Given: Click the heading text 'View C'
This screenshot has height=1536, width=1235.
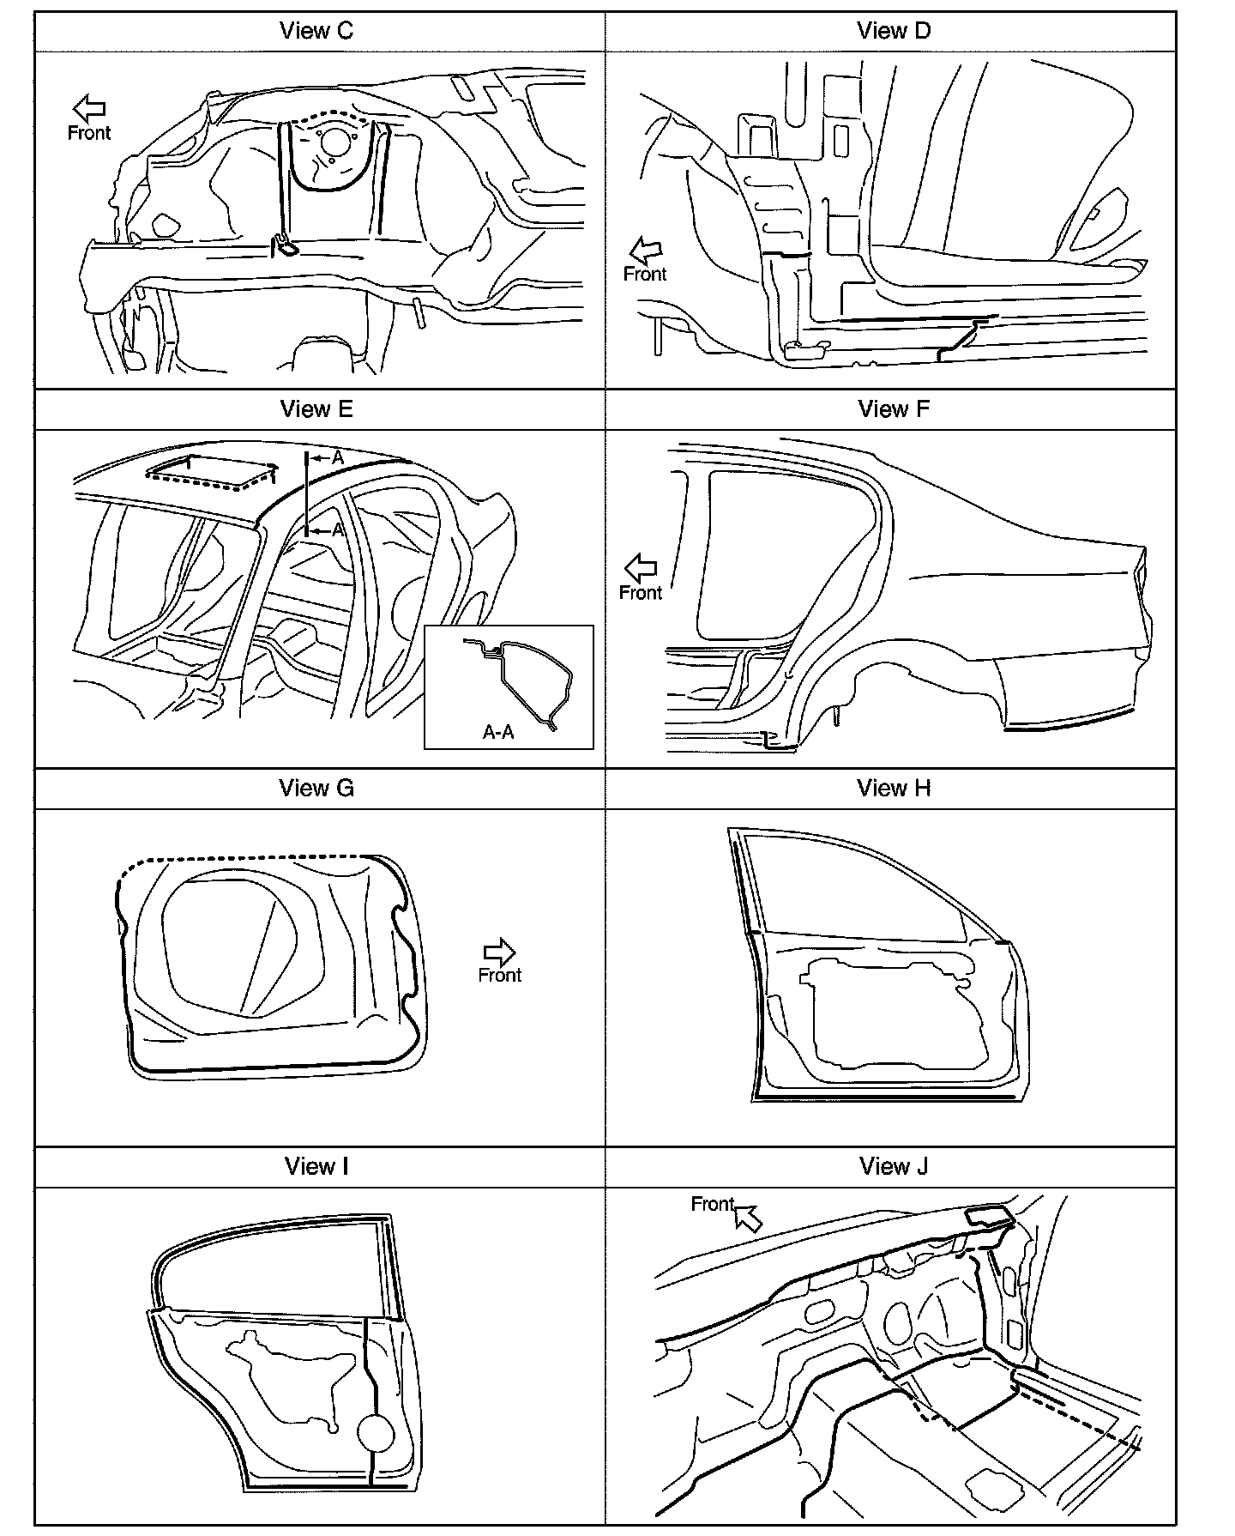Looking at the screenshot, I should [316, 32].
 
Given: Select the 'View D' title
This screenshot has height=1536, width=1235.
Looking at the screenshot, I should [894, 32].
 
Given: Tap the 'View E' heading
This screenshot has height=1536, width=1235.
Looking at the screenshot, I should [316, 409].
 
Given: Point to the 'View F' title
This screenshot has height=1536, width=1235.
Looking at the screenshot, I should [894, 409].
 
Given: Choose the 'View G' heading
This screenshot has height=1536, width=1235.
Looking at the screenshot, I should [316, 789].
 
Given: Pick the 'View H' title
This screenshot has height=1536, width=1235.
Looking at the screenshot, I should [894, 789].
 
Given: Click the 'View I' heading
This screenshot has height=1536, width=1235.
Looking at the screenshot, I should [316, 1167].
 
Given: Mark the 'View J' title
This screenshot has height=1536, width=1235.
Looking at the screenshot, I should [894, 1167].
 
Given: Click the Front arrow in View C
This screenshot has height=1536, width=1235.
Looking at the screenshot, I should [89, 108].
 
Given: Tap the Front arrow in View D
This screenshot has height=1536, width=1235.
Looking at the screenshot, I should [646, 251].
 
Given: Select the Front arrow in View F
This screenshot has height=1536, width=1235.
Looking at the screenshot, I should [640, 567].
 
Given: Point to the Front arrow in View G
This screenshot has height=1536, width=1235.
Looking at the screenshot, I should [499, 952].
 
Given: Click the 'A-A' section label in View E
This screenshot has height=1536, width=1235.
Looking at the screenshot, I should [498, 732].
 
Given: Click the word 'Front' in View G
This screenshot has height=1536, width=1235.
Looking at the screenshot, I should [500, 976].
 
